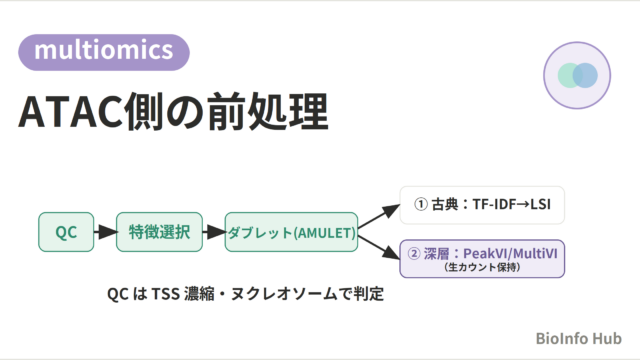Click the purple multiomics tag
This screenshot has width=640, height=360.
tap(104, 52)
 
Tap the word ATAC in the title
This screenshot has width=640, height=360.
tap(70, 112)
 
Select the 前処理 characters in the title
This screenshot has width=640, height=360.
tap(268, 111)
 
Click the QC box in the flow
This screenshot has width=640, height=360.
tap(66, 232)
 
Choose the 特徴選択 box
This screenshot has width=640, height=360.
tap(159, 232)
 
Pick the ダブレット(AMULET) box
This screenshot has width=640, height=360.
tap(291, 232)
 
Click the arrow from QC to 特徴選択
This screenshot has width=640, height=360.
tap(105, 232)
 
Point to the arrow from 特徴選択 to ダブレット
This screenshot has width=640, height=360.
tap(214, 232)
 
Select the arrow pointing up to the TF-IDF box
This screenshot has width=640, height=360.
tap(379, 216)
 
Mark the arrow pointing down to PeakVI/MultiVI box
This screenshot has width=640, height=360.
tap(379, 247)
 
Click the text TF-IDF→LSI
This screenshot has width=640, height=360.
tap(511, 204)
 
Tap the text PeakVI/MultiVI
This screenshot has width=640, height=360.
tap(510, 253)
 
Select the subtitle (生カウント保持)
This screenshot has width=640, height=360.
tap(482, 267)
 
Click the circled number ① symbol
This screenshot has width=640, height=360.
tap(421, 204)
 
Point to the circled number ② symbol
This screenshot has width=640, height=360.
tap(414, 254)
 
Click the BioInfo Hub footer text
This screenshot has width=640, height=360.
tap(578, 338)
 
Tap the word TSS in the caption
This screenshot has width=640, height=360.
tap(165, 294)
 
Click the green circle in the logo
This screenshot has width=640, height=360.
tap(570, 76)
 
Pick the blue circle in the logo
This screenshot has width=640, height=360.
tap(585, 76)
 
